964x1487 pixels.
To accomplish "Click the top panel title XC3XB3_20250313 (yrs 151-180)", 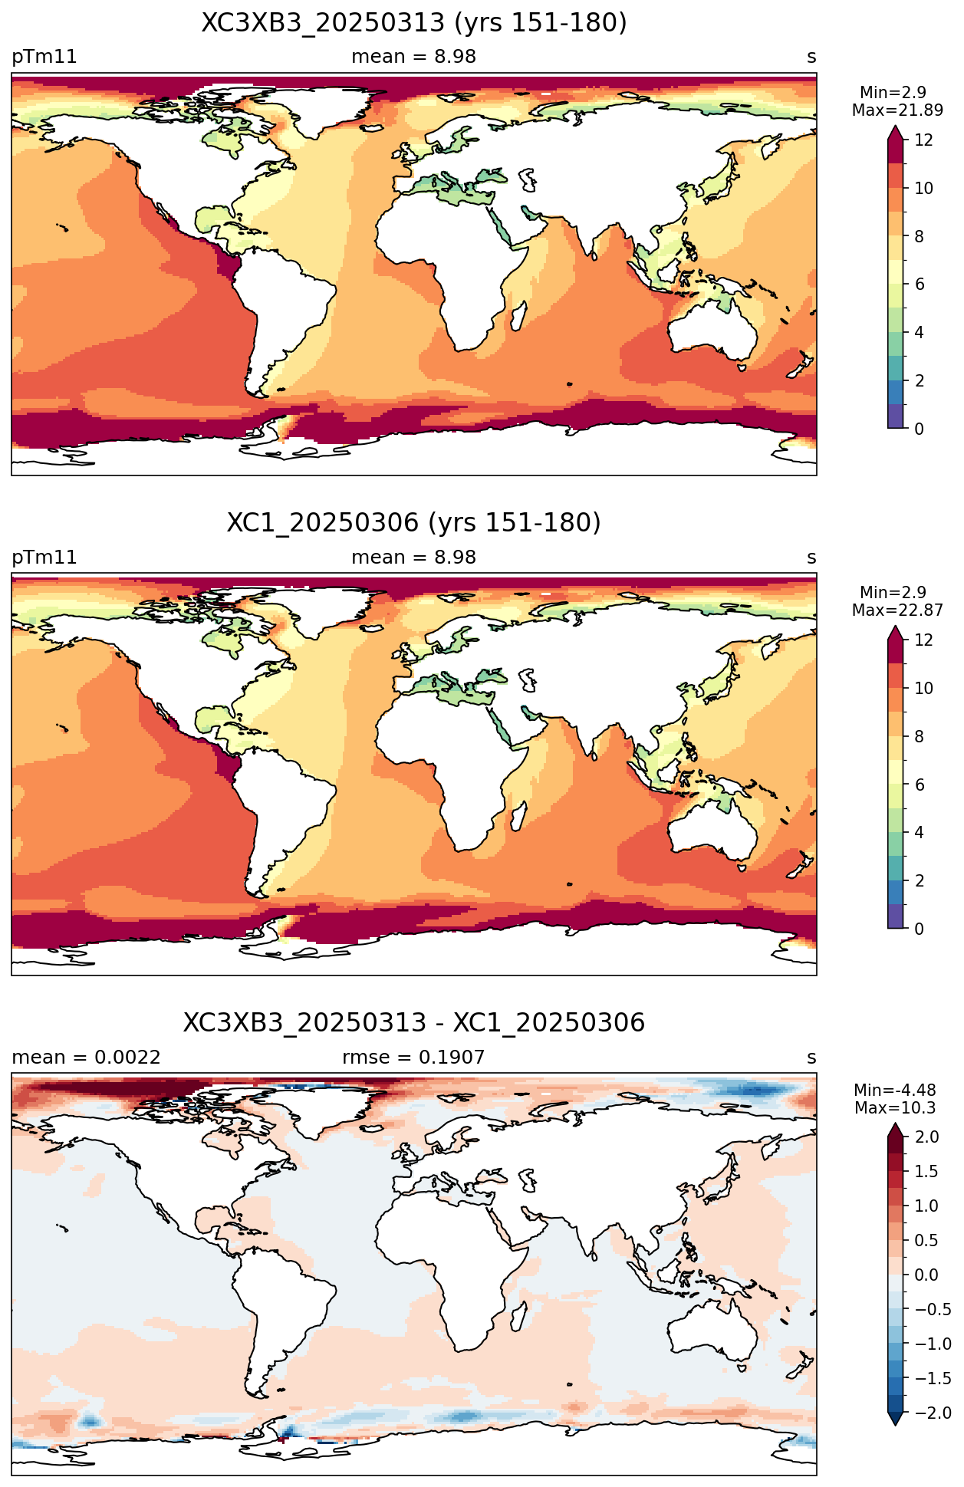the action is (x=414, y=23).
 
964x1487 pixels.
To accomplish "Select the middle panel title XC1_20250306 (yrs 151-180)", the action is (x=414, y=523).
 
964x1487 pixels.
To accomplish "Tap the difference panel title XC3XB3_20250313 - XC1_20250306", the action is (x=414, y=1023).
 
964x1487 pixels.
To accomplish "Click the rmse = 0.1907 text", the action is (x=414, y=1058).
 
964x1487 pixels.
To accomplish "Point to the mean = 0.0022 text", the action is (x=87, y=1058).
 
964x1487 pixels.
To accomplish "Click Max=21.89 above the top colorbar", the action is (x=897, y=110).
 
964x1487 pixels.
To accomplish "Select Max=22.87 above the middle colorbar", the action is (x=897, y=610).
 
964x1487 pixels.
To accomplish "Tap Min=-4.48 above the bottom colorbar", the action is (x=893, y=1090).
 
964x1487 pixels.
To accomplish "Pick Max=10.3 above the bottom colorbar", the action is (x=895, y=1108).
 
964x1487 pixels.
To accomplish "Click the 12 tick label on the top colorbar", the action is (x=923, y=140).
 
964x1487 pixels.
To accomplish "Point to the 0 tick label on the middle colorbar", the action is (x=919, y=929).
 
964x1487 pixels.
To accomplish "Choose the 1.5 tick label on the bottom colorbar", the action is (x=926, y=1171).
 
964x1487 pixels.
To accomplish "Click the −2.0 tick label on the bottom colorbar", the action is (x=933, y=1413).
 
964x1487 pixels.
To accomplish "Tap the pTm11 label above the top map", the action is (x=44, y=58).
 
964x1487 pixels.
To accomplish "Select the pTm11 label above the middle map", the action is (x=44, y=558).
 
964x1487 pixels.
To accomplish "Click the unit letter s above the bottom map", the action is (x=811, y=1058).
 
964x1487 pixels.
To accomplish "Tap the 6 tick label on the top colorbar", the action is (x=919, y=285).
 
